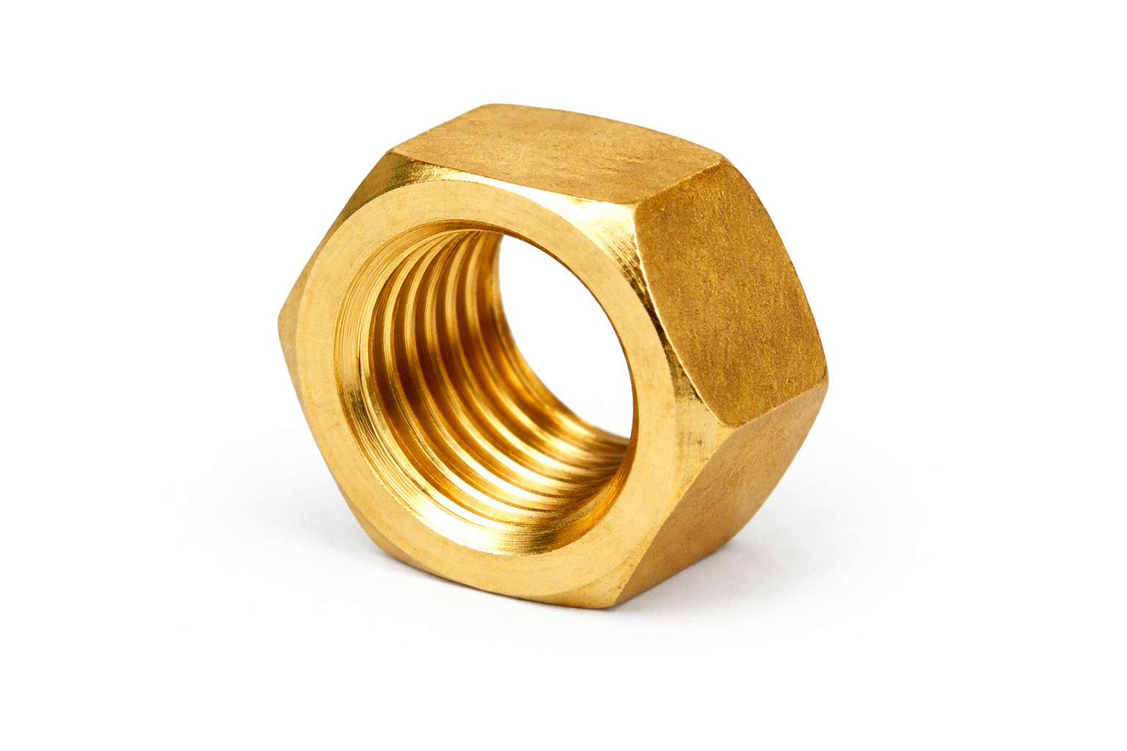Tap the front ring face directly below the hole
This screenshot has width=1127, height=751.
[514, 557]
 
